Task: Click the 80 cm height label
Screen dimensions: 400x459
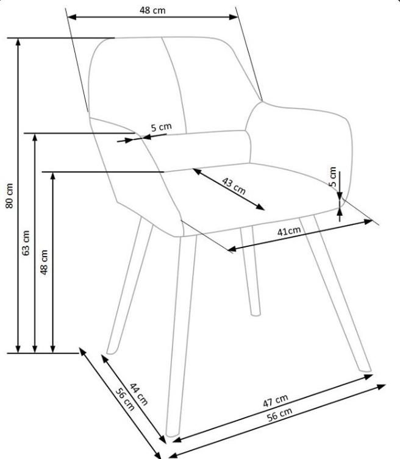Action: click(9, 196)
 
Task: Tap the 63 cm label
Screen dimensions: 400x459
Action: click(26, 243)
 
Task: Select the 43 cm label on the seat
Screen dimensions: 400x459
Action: click(234, 186)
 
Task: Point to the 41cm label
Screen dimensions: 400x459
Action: click(289, 231)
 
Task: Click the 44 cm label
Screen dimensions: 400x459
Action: click(138, 394)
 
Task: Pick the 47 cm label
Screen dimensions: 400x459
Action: click(276, 400)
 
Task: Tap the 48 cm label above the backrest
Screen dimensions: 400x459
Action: click(152, 10)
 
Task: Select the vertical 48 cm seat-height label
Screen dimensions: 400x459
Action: click(44, 262)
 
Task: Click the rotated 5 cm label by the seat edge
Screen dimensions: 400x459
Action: click(333, 177)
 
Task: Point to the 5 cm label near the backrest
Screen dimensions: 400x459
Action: click(162, 127)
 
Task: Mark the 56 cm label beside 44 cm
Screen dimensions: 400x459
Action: click(125, 399)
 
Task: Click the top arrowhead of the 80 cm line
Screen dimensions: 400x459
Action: click(18, 41)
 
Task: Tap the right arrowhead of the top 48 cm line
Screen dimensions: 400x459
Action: click(234, 17)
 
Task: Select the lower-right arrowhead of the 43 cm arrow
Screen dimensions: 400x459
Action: click(260, 207)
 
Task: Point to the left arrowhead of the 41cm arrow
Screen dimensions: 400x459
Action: click(232, 249)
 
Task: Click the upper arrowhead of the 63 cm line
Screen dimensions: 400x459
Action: click(35, 137)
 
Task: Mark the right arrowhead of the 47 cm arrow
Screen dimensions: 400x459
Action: click(368, 377)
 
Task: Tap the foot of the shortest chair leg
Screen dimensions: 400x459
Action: click(255, 314)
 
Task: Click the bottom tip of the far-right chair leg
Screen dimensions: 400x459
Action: click(366, 371)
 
